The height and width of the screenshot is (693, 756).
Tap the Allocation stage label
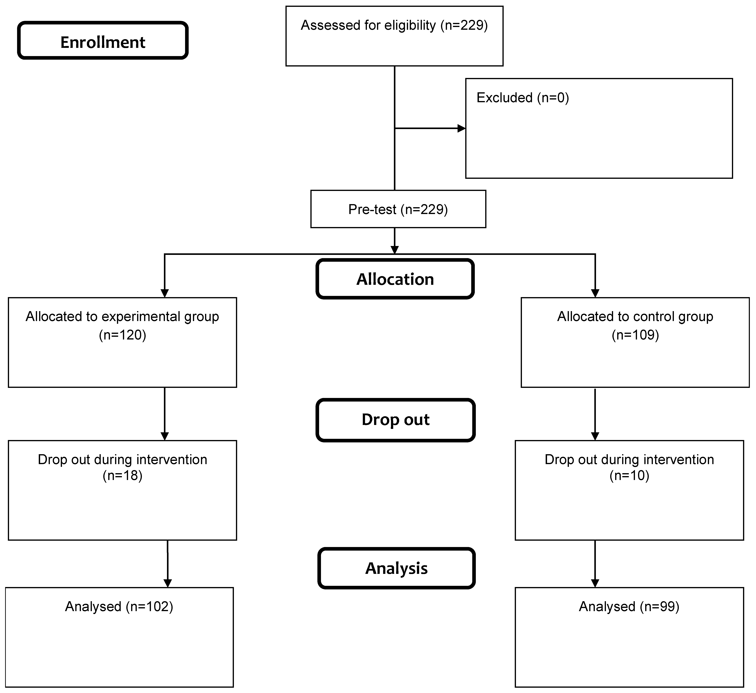(x=395, y=279)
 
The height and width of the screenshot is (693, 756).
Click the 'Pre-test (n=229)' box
(x=398, y=209)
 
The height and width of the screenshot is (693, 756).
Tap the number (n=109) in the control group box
(x=635, y=335)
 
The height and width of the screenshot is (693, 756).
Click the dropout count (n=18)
(x=123, y=476)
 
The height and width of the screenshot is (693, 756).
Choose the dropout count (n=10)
(x=629, y=476)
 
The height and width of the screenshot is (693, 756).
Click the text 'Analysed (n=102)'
(x=119, y=607)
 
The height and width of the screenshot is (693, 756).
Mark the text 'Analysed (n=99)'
(x=629, y=607)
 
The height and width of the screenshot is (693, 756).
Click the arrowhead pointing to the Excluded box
(x=462, y=128)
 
